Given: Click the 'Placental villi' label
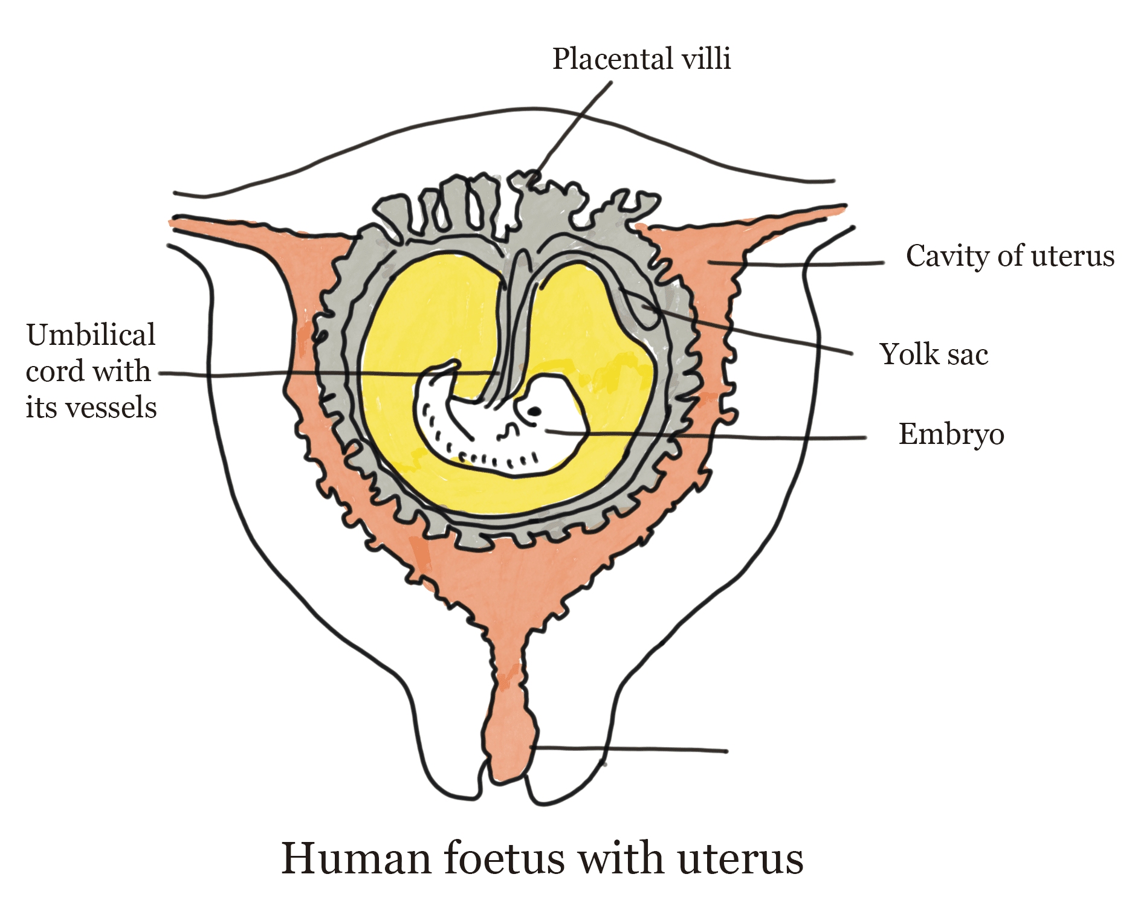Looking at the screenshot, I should pyautogui.click(x=641, y=59).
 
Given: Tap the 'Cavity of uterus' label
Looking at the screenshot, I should pyautogui.click(x=1010, y=256).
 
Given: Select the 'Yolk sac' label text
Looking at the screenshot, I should pyautogui.click(x=934, y=355).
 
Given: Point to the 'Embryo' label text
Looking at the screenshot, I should pyautogui.click(x=951, y=434).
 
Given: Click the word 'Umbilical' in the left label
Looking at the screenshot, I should pyautogui.click(x=91, y=335).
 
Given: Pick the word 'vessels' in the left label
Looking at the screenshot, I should pyautogui.click(x=111, y=408).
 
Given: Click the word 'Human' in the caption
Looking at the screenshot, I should pyautogui.click(x=356, y=858).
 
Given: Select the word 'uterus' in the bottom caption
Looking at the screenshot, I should pyautogui.click(x=740, y=858).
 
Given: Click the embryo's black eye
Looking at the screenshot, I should pyautogui.click(x=534, y=412).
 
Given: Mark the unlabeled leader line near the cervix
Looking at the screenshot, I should pyautogui.click(x=635, y=750).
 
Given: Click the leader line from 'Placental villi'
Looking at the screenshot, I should pyautogui.click(x=574, y=127).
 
